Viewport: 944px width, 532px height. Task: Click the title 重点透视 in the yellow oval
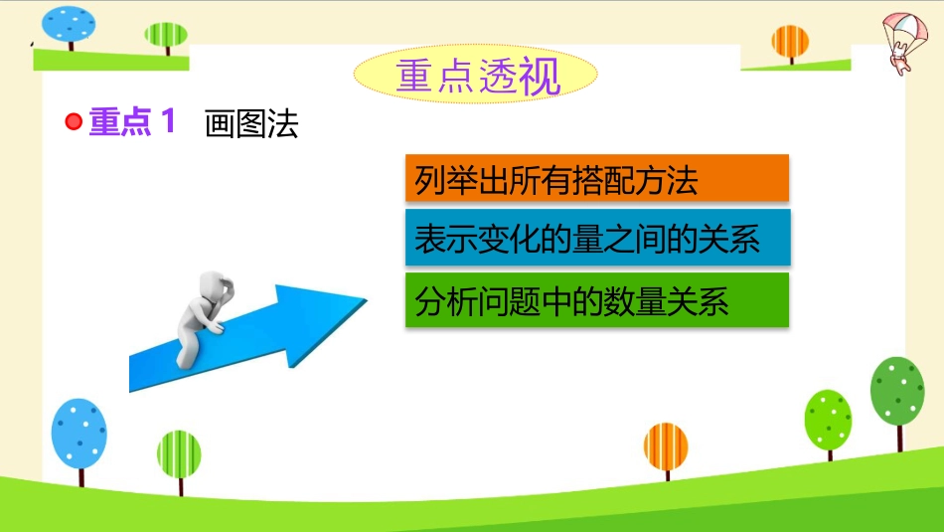pos(478,77)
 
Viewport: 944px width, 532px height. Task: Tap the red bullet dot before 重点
pos(74,121)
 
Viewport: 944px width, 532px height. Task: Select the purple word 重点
pos(119,121)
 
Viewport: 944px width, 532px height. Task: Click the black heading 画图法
pos(251,124)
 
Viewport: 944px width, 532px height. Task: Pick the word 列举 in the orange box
pos(445,180)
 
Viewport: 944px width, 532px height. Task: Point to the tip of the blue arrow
pos(367,299)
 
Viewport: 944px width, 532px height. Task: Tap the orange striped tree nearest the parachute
pos(790,44)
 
